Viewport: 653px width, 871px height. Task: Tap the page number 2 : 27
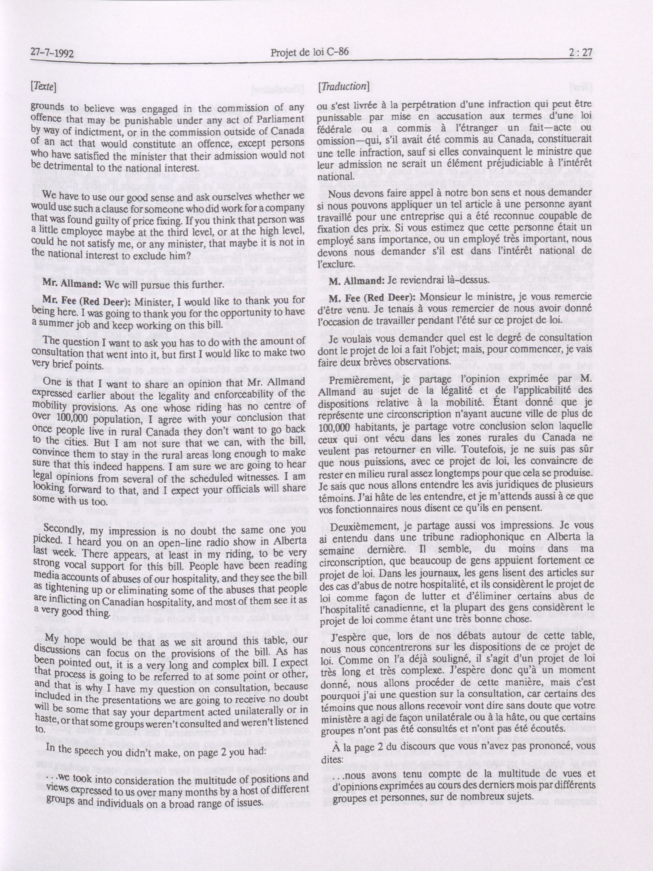(x=579, y=52)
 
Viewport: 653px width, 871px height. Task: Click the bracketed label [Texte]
(x=43, y=86)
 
